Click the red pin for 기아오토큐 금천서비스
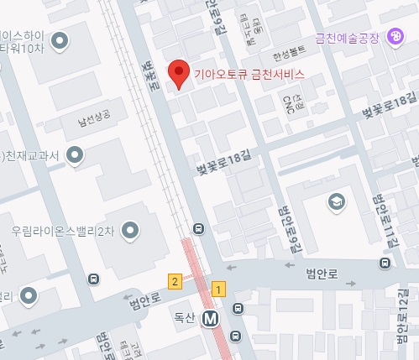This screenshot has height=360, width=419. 177,73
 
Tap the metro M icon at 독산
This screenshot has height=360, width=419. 211,318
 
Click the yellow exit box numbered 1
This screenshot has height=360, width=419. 219,289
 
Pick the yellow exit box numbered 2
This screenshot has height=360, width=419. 175,280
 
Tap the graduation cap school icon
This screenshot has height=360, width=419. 336,202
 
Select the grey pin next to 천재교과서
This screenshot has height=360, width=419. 75,155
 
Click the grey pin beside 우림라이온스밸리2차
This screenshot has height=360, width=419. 130,229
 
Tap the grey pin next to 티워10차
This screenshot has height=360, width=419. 60,40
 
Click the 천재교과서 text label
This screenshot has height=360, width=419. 34,156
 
